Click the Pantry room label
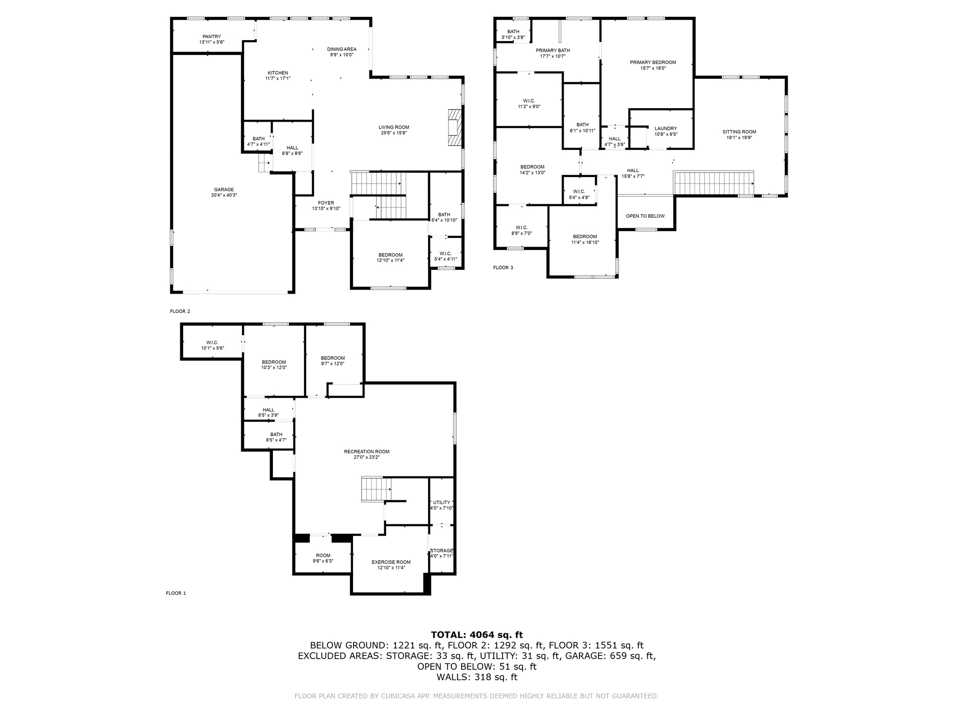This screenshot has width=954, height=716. tap(211, 36)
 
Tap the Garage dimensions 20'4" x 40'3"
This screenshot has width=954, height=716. tap(224, 195)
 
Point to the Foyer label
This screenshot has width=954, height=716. tap(326, 203)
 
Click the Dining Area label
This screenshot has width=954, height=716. tap(342, 49)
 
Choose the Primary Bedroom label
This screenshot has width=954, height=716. tap(653, 62)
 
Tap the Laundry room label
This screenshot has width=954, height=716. tap(666, 128)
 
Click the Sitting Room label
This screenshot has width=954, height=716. tap(739, 132)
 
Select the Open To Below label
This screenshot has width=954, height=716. tap(645, 216)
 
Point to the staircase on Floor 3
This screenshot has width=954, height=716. tap(713, 183)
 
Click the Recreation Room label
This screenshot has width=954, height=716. tap(367, 451)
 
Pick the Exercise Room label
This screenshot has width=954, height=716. tap(391, 562)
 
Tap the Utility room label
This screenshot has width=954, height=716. tap(441, 503)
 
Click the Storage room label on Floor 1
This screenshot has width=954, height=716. tap(441, 551)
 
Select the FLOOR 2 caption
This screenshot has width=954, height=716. tap(180, 311)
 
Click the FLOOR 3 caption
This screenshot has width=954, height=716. tap(503, 268)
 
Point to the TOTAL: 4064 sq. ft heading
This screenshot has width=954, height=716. tap(477, 634)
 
